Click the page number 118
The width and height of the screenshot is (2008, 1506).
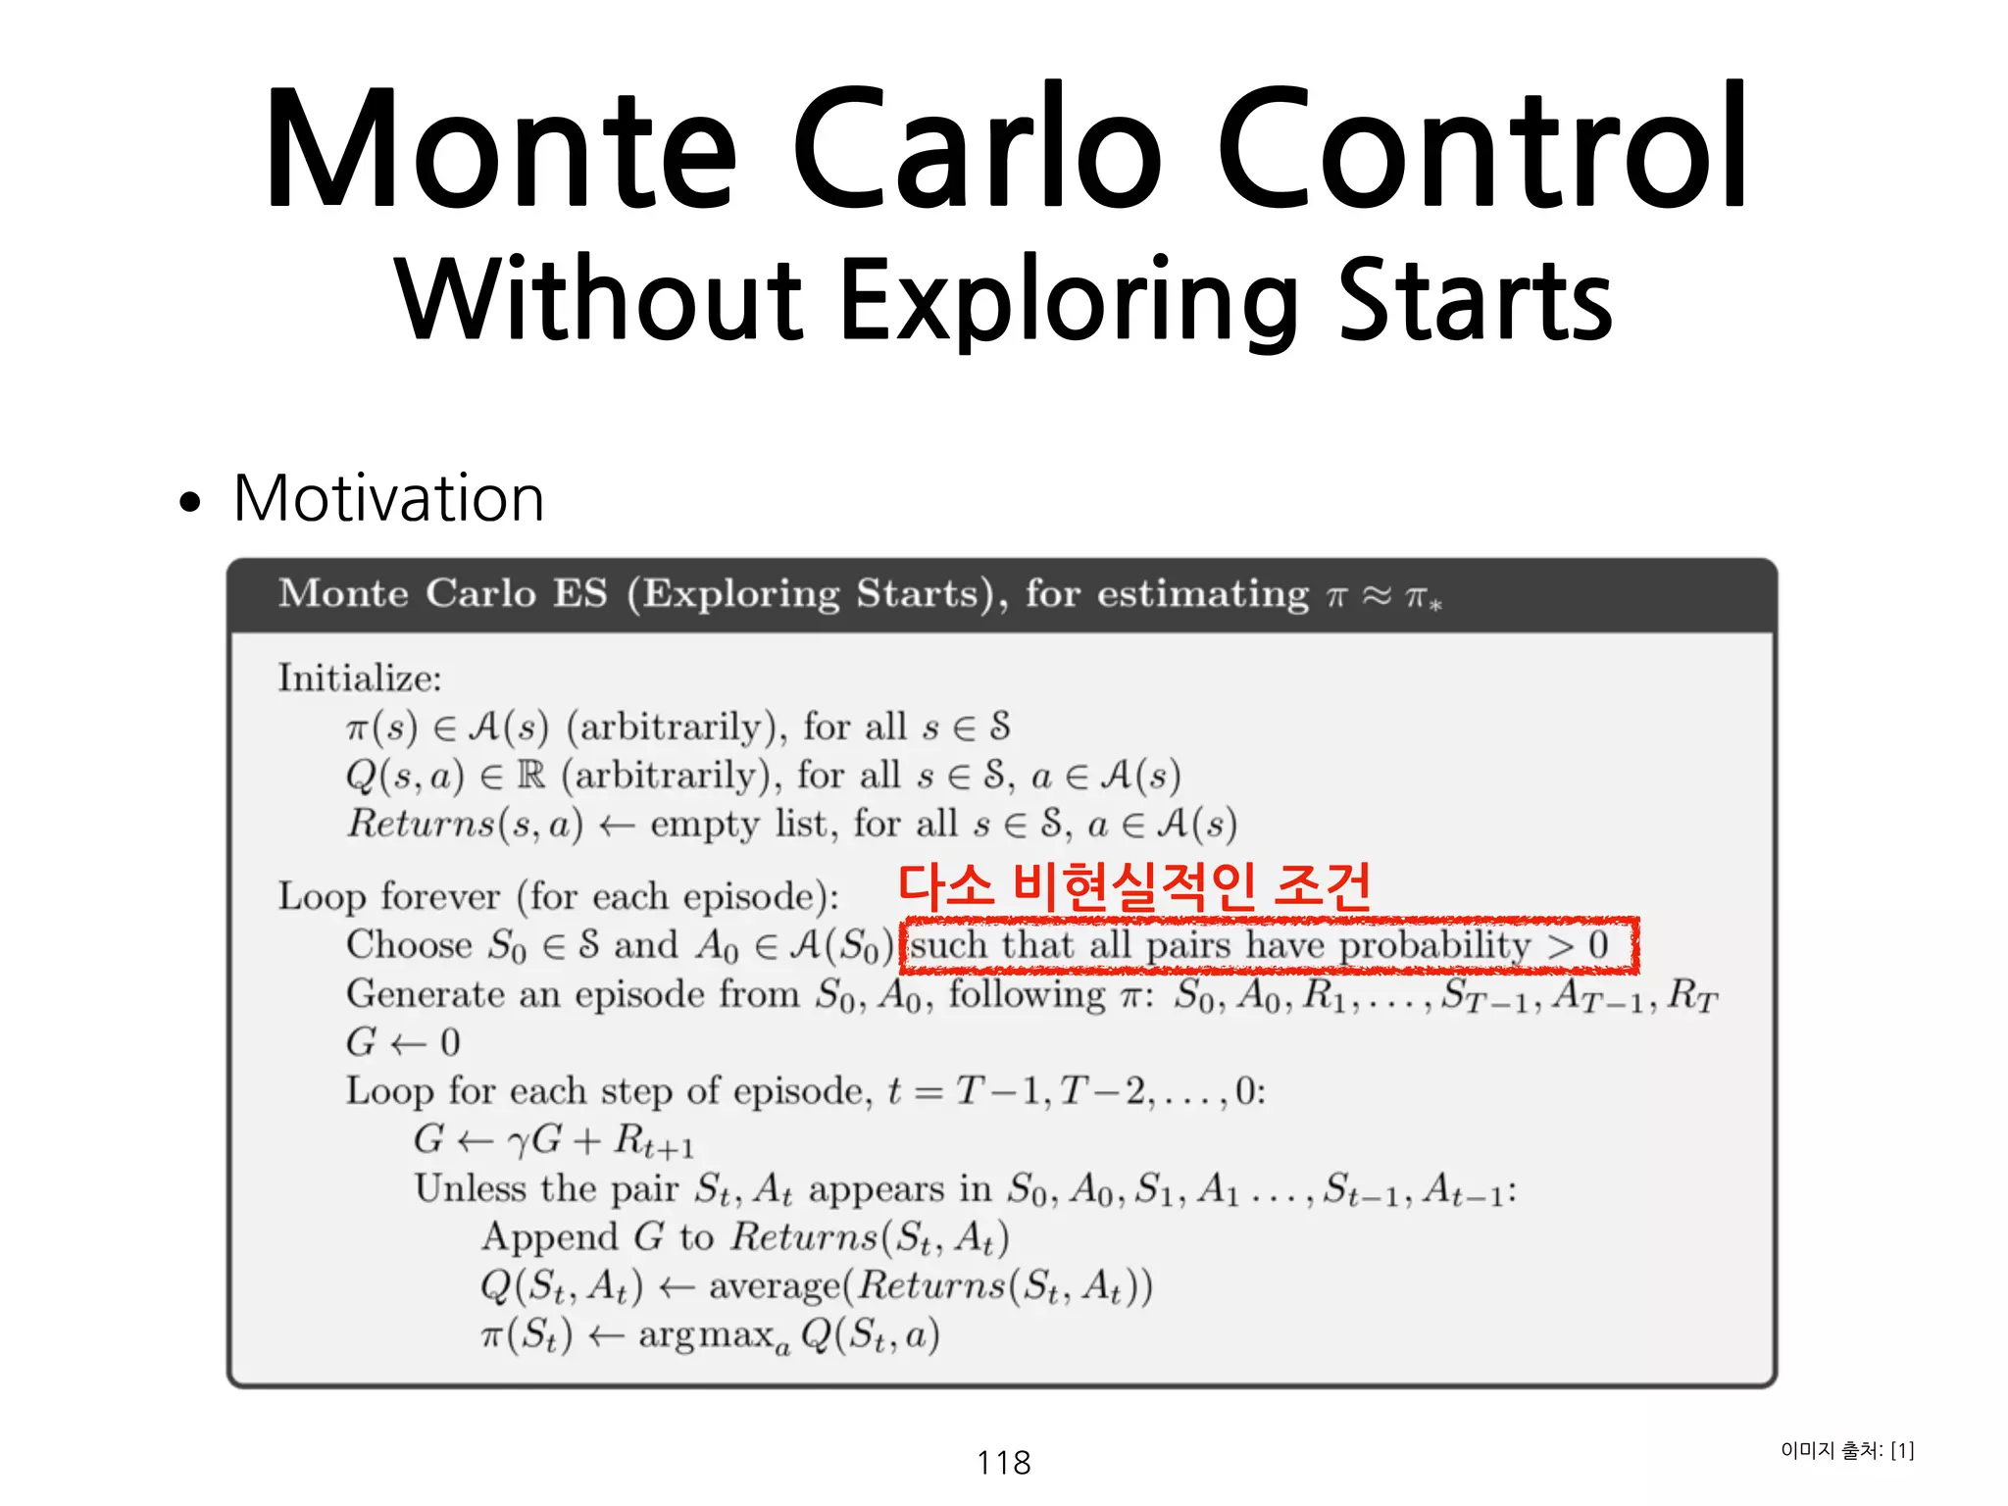1003,1462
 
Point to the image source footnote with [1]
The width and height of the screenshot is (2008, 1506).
1846,1450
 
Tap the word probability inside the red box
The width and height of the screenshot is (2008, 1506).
1433,945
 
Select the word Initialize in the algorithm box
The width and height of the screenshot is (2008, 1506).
359,678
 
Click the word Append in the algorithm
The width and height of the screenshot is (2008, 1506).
549,1236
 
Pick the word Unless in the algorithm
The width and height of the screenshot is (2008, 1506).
470,1188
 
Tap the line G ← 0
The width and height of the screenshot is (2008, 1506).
403,1042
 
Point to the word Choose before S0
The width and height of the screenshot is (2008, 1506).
409,945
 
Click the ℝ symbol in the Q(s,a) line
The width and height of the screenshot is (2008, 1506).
530,776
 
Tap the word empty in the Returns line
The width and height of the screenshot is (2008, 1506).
704,825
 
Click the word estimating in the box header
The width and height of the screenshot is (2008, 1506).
1202,594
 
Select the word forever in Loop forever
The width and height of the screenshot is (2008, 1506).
440,896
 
